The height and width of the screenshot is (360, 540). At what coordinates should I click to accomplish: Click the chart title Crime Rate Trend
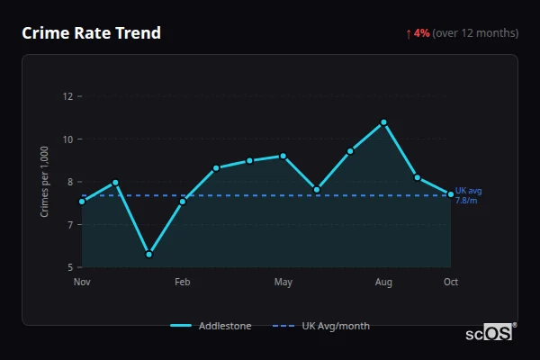coord(91,33)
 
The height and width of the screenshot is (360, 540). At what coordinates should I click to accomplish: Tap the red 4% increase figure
coord(422,33)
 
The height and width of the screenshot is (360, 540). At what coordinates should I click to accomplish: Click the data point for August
coord(383,122)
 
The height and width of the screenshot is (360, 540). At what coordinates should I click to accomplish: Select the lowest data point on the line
coord(148,255)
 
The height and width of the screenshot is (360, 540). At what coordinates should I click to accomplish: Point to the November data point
coord(82,202)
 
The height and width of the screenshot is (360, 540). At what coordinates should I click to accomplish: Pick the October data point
coord(451,194)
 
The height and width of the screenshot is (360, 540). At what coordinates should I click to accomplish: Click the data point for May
coord(283,156)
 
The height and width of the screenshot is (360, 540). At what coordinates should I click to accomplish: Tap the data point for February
coord(183,202)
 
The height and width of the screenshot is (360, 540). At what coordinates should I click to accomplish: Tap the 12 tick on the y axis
coord(67,96)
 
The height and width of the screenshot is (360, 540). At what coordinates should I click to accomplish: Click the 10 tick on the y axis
coord(67,139)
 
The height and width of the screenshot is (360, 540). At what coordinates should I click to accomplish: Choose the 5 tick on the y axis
coord(69,267)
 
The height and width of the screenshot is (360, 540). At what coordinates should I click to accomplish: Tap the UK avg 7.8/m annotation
coord(469,195)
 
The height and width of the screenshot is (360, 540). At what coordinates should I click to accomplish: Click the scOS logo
coord(489,333)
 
